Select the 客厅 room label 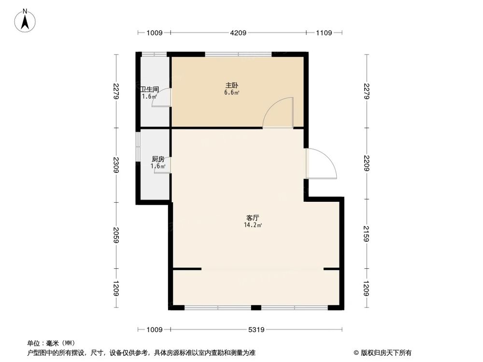click(x=253, y=218)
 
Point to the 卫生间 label click(x=150, y=89)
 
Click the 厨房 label click(x=158, y=159)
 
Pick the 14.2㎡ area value click(x=253, y=225)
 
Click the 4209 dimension click(x=238, y=33)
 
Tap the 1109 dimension click(x=324, y=33)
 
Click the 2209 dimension click(x=367, y=165)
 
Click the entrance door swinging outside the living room click(x=321, y=164)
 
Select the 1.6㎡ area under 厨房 click(x=158, y=167)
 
